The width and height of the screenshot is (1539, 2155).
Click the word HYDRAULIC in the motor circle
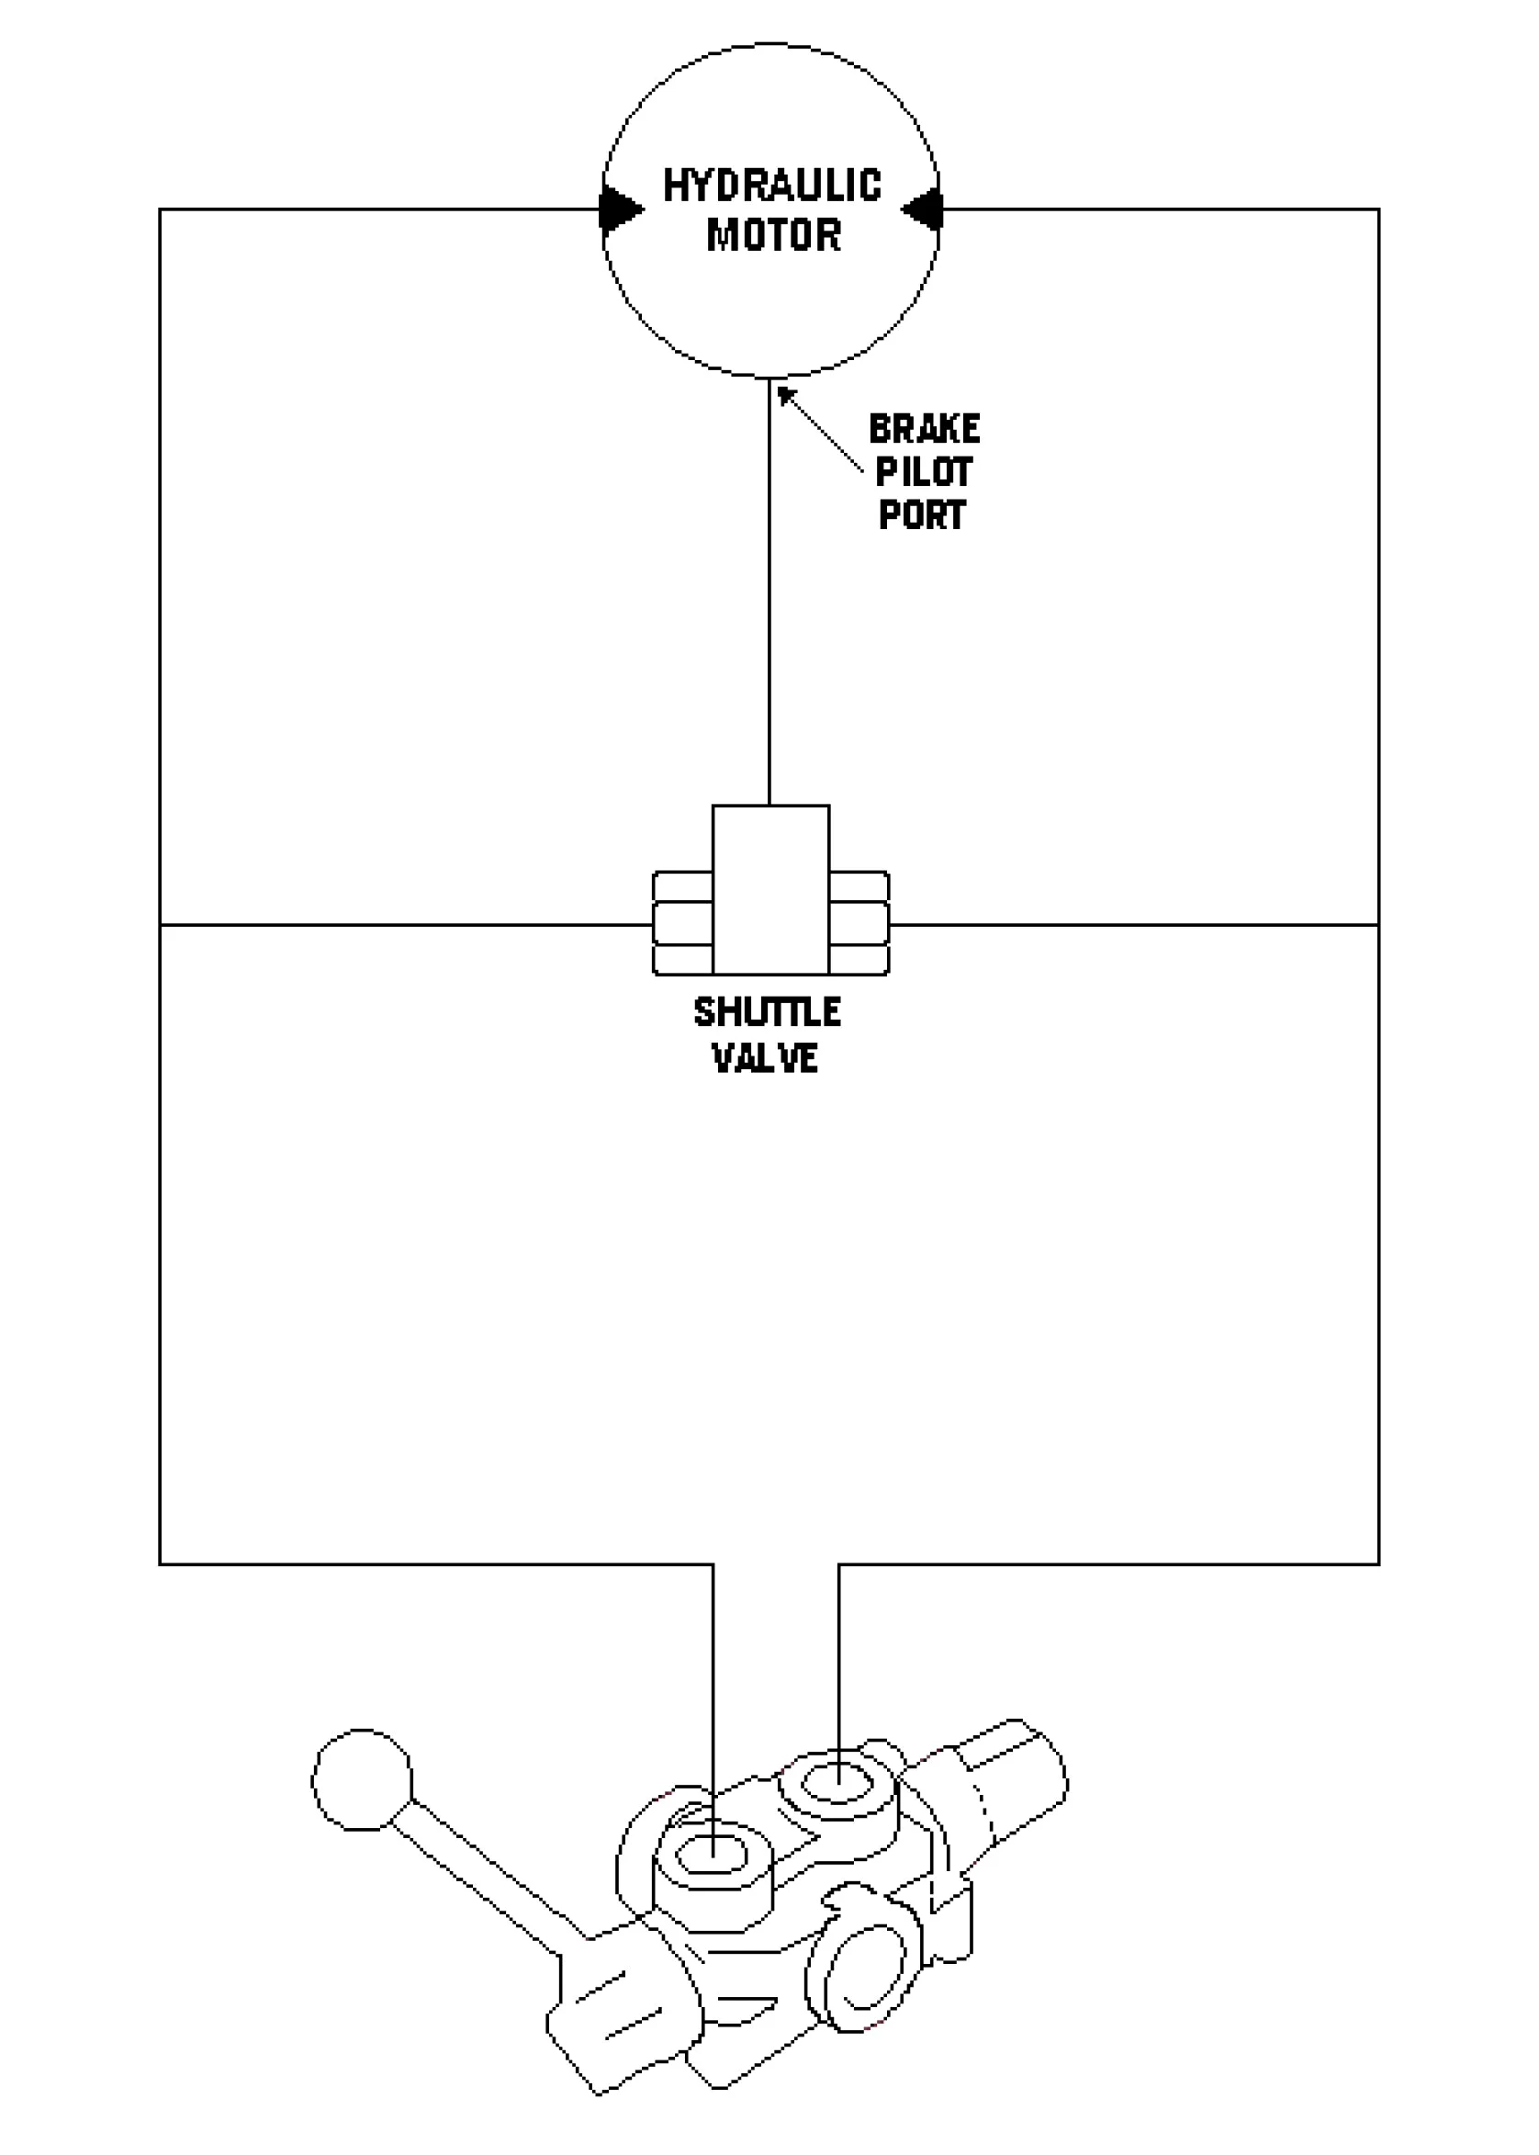(x=771, y=186)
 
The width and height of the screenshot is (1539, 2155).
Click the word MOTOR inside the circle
(x=773, y=235)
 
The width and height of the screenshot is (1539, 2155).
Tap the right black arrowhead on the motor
(x=921, y=209)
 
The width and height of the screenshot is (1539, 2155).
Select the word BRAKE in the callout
(x=924, y=430)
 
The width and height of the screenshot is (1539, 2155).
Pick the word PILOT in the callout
(x=923, y=472)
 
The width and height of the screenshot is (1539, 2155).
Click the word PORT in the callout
(x=922, y=514)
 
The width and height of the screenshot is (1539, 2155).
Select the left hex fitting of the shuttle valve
(x=682, y=923)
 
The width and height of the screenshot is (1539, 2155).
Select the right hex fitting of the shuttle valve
(x=859, y=923)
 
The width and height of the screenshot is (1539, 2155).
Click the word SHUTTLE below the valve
(x=768, y=1012)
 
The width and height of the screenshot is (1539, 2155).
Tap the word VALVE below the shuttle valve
(x=766, y=1058)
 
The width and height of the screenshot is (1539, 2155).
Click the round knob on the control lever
(x=362, y=1779)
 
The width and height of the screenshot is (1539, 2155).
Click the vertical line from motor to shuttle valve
(x=769, y=592)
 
